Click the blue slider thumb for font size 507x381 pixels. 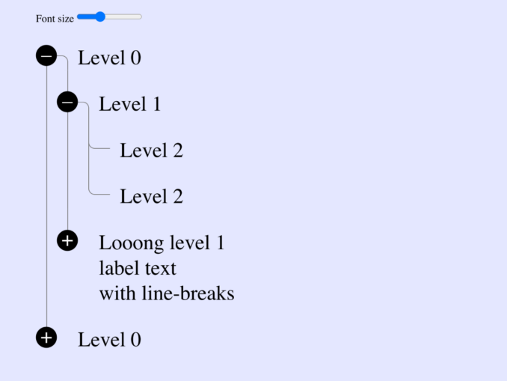pyautogui.click(x=100, y=16)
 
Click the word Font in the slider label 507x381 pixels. pyautogui.click(x=45, y=19)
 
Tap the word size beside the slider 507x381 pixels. pyautogui.click(x=65, y=19)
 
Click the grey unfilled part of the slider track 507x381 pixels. pyautogui.click(x=123, y=16)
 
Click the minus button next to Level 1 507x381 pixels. pyautogui.click(x=67, y=103)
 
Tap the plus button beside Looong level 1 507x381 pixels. pyautogui.click(x=67, y=241)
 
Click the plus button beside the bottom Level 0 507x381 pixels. pyautogui.click(x=46, y=338)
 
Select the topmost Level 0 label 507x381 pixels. pyautogui.click(x=110, y=58)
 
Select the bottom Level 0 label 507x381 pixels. pyautogui.click(x=110, y=340)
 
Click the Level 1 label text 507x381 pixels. pyautogui.click(x=130, y=104)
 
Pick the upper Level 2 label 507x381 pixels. pyautogui.click(x=151, y=150)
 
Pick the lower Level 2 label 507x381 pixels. pyautogui.click(x=151, y=196)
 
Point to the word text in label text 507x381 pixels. pyautogui.click(x=160, y=269)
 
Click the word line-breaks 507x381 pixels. pyautogui.click(x=188, y=293)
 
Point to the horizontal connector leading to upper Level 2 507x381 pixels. pyautogui.click(x=99, y=148)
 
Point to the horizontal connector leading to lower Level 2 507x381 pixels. pyautogui.click(x=99, y=195)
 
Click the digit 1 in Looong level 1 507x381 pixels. pyautogui.click(x=221, y=243)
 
